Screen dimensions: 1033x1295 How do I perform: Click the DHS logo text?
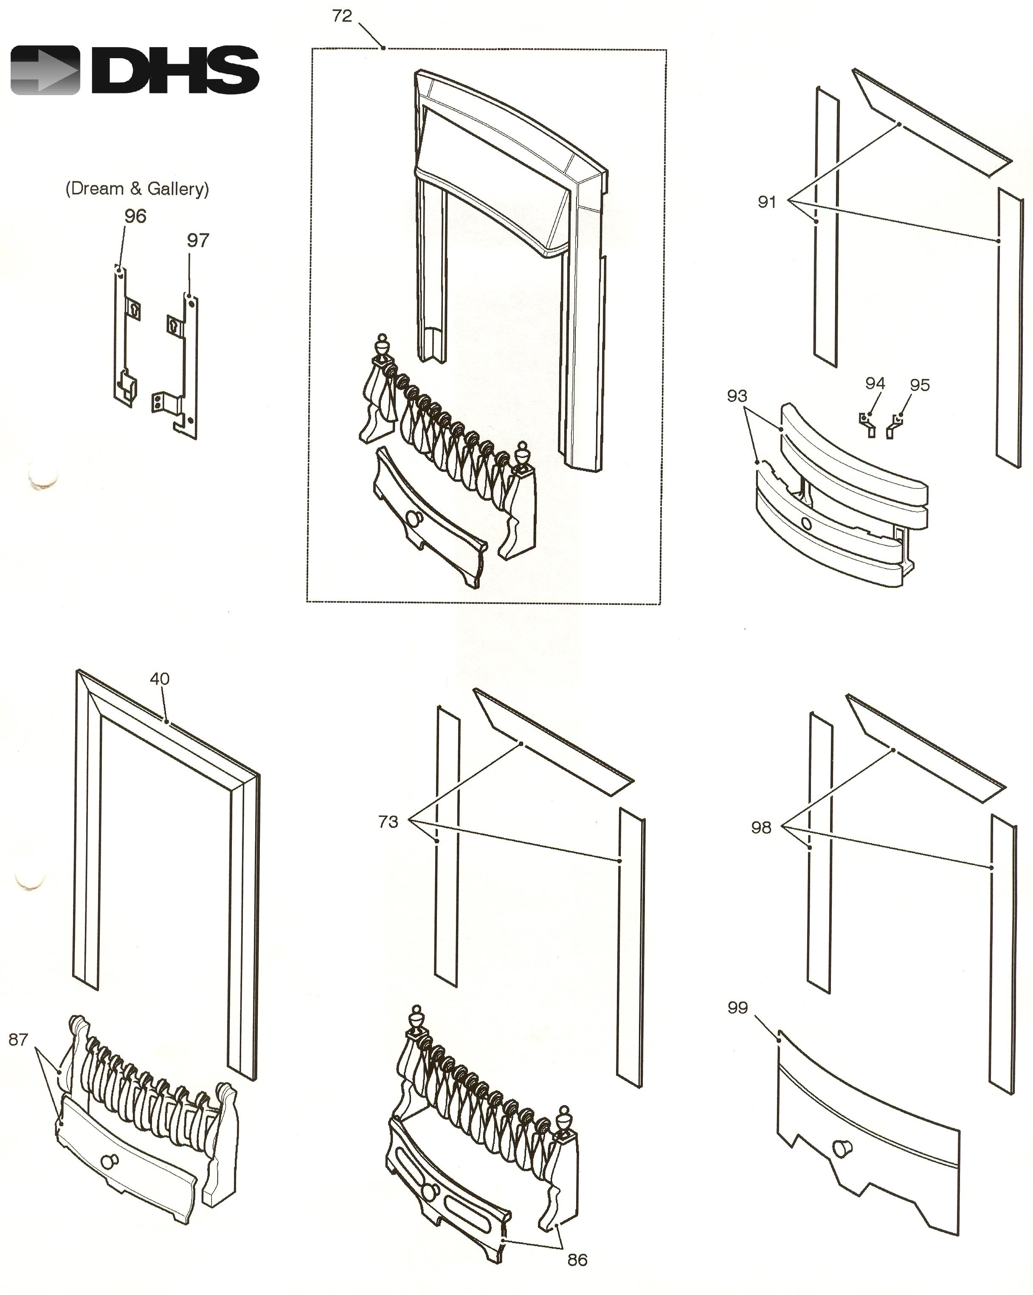point(175,70)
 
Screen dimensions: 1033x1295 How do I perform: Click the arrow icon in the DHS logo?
point(45,70)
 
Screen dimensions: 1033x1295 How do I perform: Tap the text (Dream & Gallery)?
point(137,189)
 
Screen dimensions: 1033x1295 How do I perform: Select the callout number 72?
point(342,16)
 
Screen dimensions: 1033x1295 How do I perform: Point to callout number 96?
point(135,216)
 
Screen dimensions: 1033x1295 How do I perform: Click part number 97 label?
point(197,240)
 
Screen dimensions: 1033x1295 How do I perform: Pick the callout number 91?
point(767,202)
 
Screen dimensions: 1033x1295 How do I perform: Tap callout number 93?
point(737,396)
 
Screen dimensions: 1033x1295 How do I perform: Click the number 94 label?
point(875,383)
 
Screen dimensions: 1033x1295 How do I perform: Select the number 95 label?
point(920,385)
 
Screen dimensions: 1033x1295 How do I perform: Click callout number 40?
point(160,679)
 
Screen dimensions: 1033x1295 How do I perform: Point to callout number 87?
point(18,1039)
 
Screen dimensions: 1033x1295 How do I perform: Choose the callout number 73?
point(388,822)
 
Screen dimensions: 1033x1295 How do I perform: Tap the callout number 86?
point(577,1260)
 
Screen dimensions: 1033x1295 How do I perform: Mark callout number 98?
point(761,828)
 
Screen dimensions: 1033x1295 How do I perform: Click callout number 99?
point(737,1007)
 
